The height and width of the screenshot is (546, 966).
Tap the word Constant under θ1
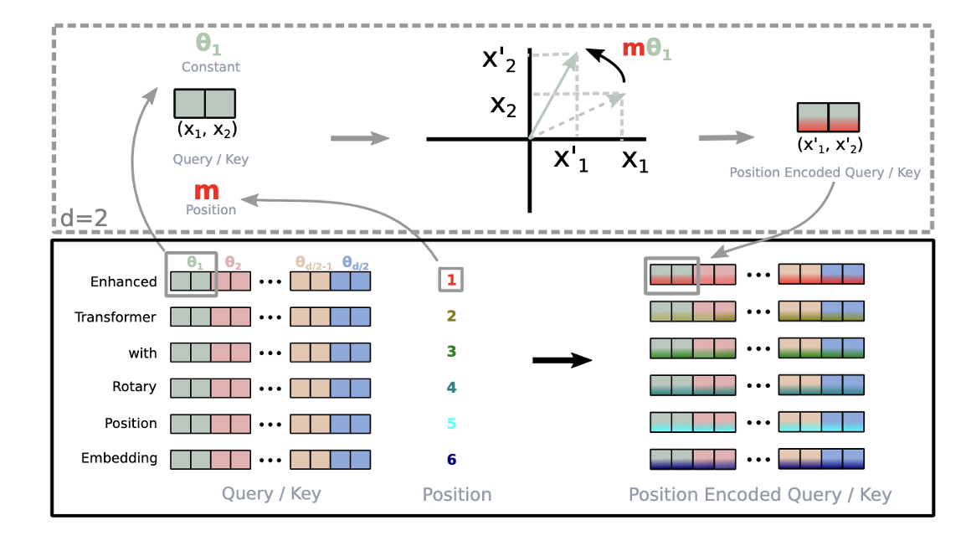211,67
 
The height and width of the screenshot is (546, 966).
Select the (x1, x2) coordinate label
205,129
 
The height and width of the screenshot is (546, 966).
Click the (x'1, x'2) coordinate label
829,144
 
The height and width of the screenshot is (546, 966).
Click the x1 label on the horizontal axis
635,158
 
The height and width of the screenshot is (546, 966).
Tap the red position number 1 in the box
451,281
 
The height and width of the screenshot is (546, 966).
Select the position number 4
451,388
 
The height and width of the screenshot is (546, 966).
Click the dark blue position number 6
451,459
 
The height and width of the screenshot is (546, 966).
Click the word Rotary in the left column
135,387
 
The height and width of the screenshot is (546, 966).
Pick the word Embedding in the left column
119,458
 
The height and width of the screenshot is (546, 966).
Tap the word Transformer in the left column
116,317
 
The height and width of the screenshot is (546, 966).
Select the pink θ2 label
233,264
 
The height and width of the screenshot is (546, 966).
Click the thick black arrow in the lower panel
562,360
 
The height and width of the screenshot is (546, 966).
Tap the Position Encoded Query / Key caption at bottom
759,495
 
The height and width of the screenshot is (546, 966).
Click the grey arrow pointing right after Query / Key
360,136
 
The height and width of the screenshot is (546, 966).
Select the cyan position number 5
451,423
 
